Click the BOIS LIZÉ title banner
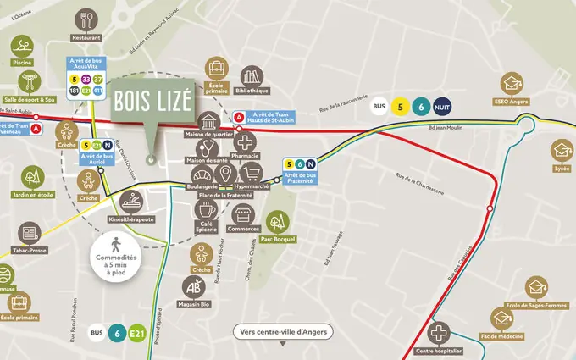point(152,105)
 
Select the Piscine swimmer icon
point(23,45)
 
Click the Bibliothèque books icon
point(252,77)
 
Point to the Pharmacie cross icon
point(245,142)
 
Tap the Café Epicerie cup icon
point(208,210)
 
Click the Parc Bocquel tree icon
point(277,222)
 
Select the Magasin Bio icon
point(194,286)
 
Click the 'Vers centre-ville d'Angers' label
point(282,331)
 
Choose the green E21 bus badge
point(137,334)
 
